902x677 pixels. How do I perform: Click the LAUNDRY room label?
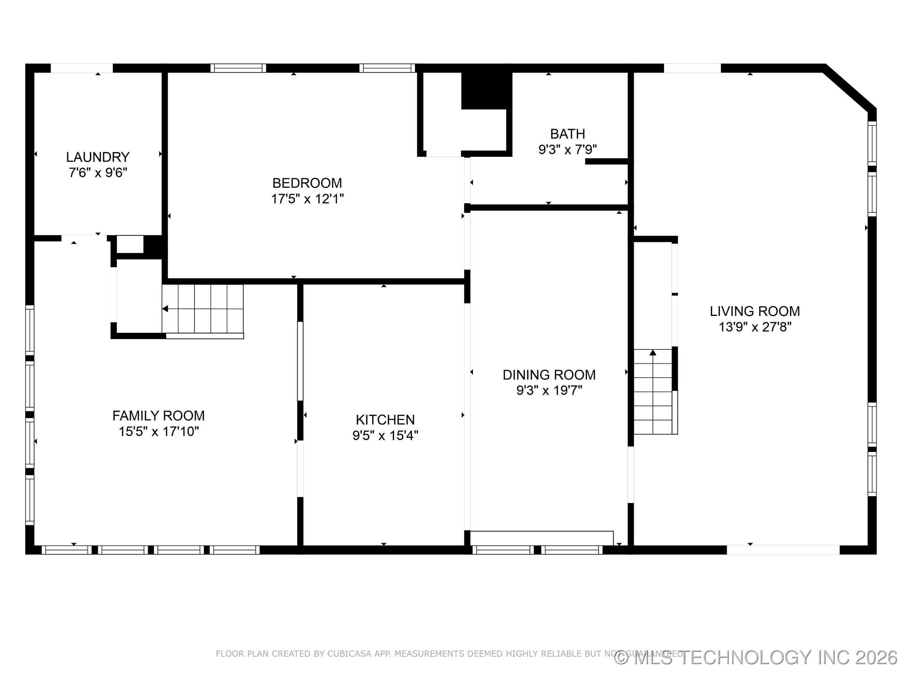[x=98, y=157]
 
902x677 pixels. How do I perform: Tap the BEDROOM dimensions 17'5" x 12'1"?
[x=308, y=199]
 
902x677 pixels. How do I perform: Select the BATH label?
[x=567, y=134]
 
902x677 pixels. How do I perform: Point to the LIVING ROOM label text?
[x=755, y=311]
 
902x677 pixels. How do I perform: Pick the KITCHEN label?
[x=385, y=420]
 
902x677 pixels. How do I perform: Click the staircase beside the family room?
[x=203, y=309]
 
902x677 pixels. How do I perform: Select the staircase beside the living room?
[x=652, y=392]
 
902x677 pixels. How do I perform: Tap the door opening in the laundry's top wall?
[x=81, y=68]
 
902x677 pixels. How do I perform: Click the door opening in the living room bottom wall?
[x=783, y=550]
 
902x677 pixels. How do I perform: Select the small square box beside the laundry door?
[x=130, y=244]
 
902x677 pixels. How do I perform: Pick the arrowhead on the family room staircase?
[x=165, y=309]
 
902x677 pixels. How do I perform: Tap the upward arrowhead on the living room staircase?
[x=653, y=352]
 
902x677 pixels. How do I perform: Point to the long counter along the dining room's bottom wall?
[x=542, y=538]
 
